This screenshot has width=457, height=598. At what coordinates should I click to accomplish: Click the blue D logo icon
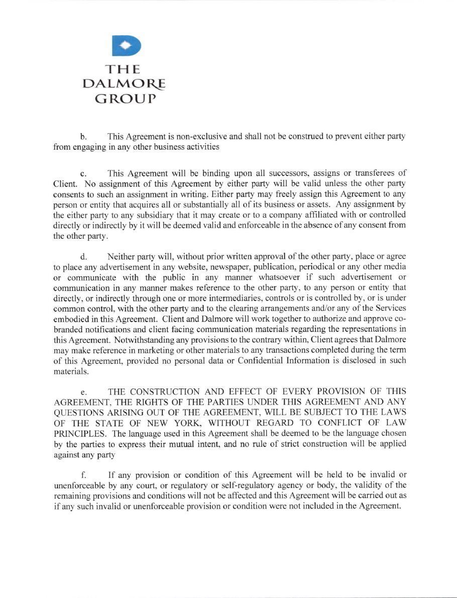[x=126, y=46]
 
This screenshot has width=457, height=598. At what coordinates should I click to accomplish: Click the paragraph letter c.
[x=83, y=174]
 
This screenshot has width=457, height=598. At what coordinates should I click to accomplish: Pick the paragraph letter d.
[x=83, y=257]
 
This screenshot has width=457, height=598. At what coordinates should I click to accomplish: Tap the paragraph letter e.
[x=83, y=391]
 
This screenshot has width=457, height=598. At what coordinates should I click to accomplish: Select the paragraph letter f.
[x=83, y=475]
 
